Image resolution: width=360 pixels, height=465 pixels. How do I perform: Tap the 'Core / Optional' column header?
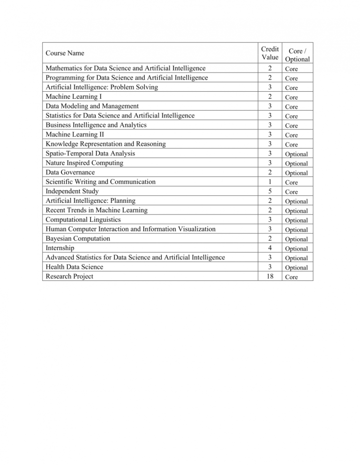[297, 54]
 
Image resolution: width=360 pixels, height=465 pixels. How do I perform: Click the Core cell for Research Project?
[291, 277]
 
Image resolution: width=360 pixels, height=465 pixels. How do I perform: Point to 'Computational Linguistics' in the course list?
[83, 220]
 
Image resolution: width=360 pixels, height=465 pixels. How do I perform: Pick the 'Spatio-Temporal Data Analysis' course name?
[90, 153]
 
